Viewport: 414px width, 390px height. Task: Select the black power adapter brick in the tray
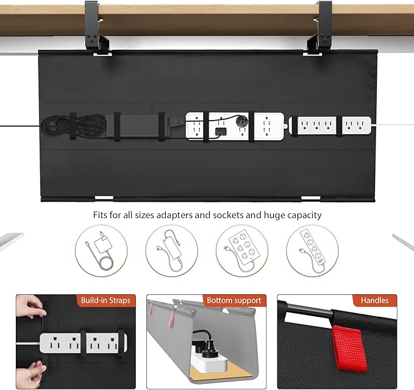(130, 124)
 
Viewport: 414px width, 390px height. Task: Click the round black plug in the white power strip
(242, 121)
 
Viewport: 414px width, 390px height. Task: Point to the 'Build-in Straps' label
(105, 300)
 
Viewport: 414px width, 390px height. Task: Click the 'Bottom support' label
(234, 300)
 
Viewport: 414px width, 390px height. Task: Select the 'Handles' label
(374, 300)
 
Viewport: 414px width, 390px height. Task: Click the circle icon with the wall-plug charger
(101, 250)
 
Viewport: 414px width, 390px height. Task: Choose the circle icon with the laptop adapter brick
(171, 250)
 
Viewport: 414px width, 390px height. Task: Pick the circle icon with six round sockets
(242, 250)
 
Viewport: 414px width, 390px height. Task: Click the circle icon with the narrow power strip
(312, 250)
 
